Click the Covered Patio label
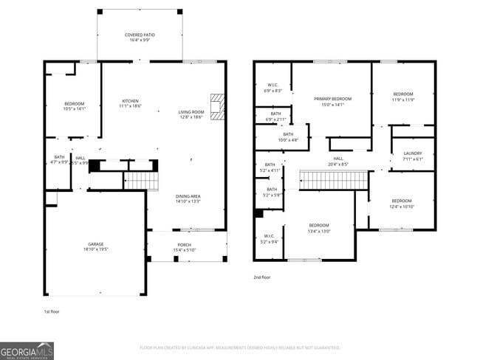[140, 38]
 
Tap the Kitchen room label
[131, 103]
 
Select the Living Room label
[191, 114]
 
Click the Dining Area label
[188, 198]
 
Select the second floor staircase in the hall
[333, 179]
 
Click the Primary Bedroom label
[332, 101]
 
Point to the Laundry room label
[413, 156]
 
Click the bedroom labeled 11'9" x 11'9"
[402, 97]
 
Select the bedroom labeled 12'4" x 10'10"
[402, 204]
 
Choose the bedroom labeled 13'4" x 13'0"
[319, 227]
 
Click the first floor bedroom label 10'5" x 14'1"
[74, 105]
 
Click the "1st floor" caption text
[51, 311]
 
